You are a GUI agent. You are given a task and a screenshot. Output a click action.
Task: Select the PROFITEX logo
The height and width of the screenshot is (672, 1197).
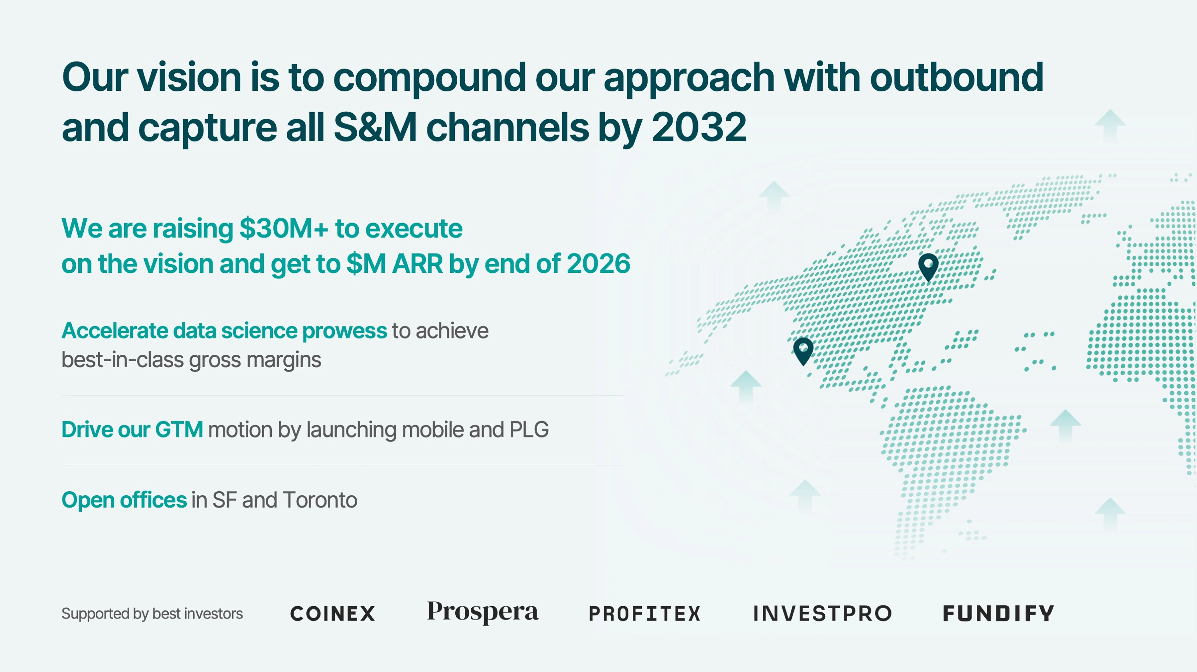pyautogui.click(x=644, y=613)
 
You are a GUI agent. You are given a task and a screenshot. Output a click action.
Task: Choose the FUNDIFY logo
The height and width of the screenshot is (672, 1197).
pyautogui.click(x=998, y=613)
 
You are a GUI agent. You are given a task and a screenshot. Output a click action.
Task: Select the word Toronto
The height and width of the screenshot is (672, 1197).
pyautogui.click(x=320, y=500)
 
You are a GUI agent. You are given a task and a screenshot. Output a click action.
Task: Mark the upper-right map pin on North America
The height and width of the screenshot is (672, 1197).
pyautogui.click(x=928, y=267)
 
